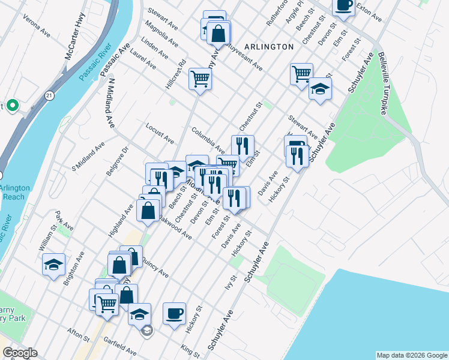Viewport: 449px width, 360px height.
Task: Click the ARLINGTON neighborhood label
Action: [x=268, y=46]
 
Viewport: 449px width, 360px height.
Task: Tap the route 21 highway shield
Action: [x=49, y=95]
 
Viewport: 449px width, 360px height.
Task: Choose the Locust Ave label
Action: [x=160, y=133]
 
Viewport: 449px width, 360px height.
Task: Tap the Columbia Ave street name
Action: [x=208, y=140]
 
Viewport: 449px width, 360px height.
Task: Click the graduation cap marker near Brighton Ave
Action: [x=53, y=264]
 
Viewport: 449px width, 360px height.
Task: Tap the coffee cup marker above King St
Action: [x=174, y=313]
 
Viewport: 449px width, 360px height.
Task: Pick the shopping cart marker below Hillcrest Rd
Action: [x=200, y=78]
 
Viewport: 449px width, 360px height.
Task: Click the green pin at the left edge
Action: [x=13, y=106]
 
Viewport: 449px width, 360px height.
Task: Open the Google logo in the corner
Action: [x=20, y=353]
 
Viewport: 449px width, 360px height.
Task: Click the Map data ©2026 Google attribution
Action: [x=411, y=355]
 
